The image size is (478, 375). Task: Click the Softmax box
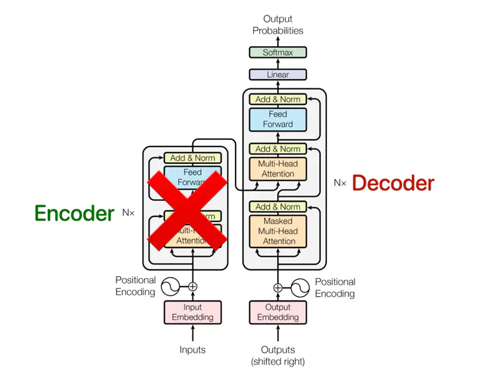[278, 53]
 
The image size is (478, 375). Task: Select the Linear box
[278, 75]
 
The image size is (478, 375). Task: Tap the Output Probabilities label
[278, 25]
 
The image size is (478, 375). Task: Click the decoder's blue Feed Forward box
[278, 119]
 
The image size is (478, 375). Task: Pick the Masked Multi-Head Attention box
[278, 231]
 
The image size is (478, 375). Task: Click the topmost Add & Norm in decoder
[278, 99]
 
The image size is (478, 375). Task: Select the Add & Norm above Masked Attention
[278, 206]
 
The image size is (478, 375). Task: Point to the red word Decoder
[393, 183]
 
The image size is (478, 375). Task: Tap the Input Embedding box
[192, 312]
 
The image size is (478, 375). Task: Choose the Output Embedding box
[278, 312]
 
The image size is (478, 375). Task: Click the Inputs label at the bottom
[192, 350]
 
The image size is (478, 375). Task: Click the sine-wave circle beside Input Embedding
[169, 286]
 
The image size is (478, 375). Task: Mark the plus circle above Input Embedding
[192, 286]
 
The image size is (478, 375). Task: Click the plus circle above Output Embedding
[278, 287]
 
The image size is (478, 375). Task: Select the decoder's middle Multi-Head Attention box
[278, 169]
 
